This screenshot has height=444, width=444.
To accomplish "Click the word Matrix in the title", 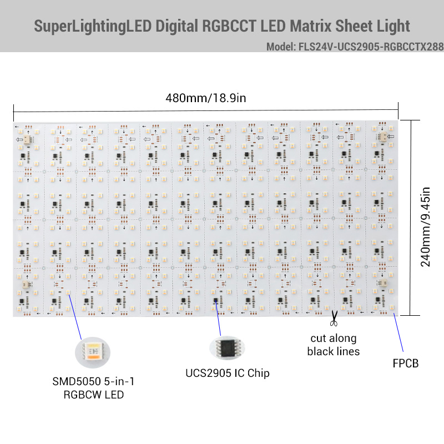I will point(286,26).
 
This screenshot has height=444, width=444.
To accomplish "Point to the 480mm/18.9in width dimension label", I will point(205,98).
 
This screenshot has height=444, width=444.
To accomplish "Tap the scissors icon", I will point(334,319).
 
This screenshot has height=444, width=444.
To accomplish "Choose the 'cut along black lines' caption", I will point(333,345).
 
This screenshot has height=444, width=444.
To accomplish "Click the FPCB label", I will point(405,364).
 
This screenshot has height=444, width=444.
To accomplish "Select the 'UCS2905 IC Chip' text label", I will point(228,373).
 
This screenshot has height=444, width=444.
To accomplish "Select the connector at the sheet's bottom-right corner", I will point(382,283).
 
